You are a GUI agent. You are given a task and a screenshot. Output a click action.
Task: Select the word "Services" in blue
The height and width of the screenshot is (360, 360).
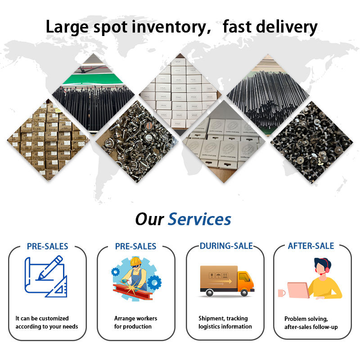[199, 220]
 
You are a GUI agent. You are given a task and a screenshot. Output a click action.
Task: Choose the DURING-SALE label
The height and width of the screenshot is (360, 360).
[226, 246]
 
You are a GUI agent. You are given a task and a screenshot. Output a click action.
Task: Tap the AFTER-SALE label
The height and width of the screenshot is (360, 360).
[310, 246]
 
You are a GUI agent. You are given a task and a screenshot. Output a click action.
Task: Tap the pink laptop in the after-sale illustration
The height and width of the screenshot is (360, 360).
[297, 291]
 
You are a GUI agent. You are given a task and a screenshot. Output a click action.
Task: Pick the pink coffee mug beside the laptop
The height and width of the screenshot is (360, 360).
[281, 293]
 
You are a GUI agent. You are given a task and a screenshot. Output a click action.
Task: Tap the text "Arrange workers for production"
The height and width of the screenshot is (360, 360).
[135, 323]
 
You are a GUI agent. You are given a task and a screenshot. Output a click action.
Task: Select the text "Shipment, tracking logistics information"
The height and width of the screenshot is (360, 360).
[225, 323]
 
